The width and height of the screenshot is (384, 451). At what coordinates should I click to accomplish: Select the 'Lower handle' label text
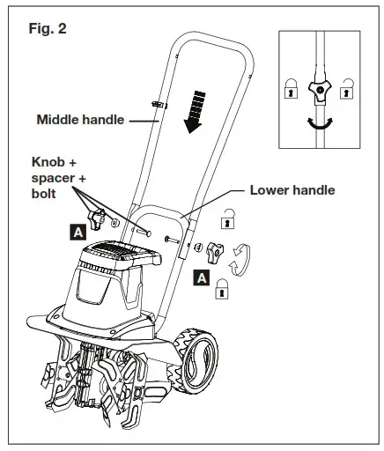click(x=292, y=189)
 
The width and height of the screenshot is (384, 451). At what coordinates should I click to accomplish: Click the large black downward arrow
click(x=193, y=109)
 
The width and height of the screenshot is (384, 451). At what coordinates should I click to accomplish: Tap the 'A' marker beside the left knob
click(x=78, y=233)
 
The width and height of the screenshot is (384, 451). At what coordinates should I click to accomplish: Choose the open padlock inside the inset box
click(x=351, y=88)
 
